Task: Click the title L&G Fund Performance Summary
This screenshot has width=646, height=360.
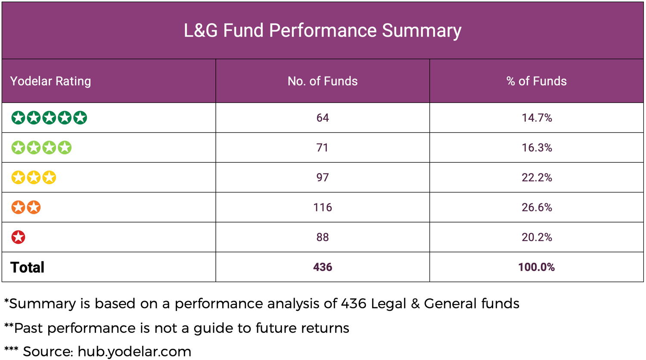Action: tap(323, 31)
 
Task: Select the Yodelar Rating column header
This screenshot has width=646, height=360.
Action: tap(50, 81)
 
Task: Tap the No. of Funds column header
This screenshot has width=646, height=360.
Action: tap(323, 81)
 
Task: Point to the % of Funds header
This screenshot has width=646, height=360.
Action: tap(536, 81)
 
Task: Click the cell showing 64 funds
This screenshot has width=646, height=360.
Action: tap(323, 118)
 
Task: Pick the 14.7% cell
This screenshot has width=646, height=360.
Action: tap(537, 118)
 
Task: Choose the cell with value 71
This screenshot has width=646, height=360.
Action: tap(323, 148)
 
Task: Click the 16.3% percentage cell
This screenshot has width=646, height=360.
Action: tap(537, 148)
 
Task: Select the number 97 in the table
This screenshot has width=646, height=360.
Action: tap(323, 177)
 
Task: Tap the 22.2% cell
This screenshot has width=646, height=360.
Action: tap(537, 177)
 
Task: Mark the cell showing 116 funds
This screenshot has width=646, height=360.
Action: tap(323, 207)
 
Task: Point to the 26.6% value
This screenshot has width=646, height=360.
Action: tap(537, 207)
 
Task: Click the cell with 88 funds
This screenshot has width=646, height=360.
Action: tap(323, 237)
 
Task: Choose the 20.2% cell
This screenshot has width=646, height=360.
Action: tap(537, 237)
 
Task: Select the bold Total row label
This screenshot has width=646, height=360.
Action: tap(27, 267)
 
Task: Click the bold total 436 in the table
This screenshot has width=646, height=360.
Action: tap(323, 267)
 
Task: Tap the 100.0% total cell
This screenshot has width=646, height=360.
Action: tap(537, 267)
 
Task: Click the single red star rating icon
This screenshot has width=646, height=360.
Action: tap(18, 237)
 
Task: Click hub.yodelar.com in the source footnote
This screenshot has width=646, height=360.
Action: tap(134, 351)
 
